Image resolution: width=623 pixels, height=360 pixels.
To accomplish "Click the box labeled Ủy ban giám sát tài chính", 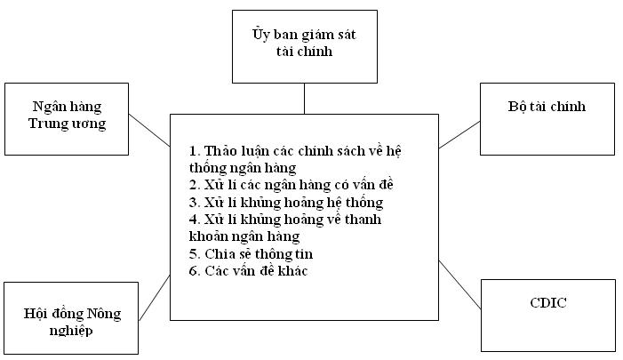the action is (x=304, y=46).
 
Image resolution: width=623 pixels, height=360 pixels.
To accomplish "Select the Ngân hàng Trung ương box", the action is (x=67, y=119).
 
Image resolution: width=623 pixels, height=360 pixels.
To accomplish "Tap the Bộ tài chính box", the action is (x=547, y=119).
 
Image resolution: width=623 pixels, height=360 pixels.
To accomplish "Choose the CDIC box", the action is (x=548, y=316).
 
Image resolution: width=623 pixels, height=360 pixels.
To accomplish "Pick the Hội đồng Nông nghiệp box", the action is (x=71, y=318).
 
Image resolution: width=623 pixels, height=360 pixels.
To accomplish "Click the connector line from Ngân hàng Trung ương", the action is (x=149, y=131).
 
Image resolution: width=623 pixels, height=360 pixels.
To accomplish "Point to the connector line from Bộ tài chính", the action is (x=459, y=135).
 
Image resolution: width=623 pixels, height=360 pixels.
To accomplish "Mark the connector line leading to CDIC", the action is (x=459, y=284).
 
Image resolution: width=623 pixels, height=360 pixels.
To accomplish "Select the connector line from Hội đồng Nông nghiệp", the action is (x=155, y=298).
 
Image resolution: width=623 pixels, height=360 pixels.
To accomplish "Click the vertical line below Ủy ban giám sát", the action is (x=304, y=99).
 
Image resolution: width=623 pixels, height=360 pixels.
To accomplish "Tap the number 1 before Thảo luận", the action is (x=193, y=151).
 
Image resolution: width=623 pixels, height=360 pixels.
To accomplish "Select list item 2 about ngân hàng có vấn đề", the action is (x=292, y=185).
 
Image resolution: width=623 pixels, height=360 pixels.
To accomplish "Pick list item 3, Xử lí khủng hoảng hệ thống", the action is (x=286, y=203).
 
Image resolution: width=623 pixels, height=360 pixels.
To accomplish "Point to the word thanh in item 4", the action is (x=363, y=220).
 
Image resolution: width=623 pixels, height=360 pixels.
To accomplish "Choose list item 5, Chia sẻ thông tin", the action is (x=252, y=254).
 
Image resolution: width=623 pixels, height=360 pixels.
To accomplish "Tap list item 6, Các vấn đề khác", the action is (x=248, y=271).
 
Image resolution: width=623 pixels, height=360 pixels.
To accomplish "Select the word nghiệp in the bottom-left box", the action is (x=71, y=331).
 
